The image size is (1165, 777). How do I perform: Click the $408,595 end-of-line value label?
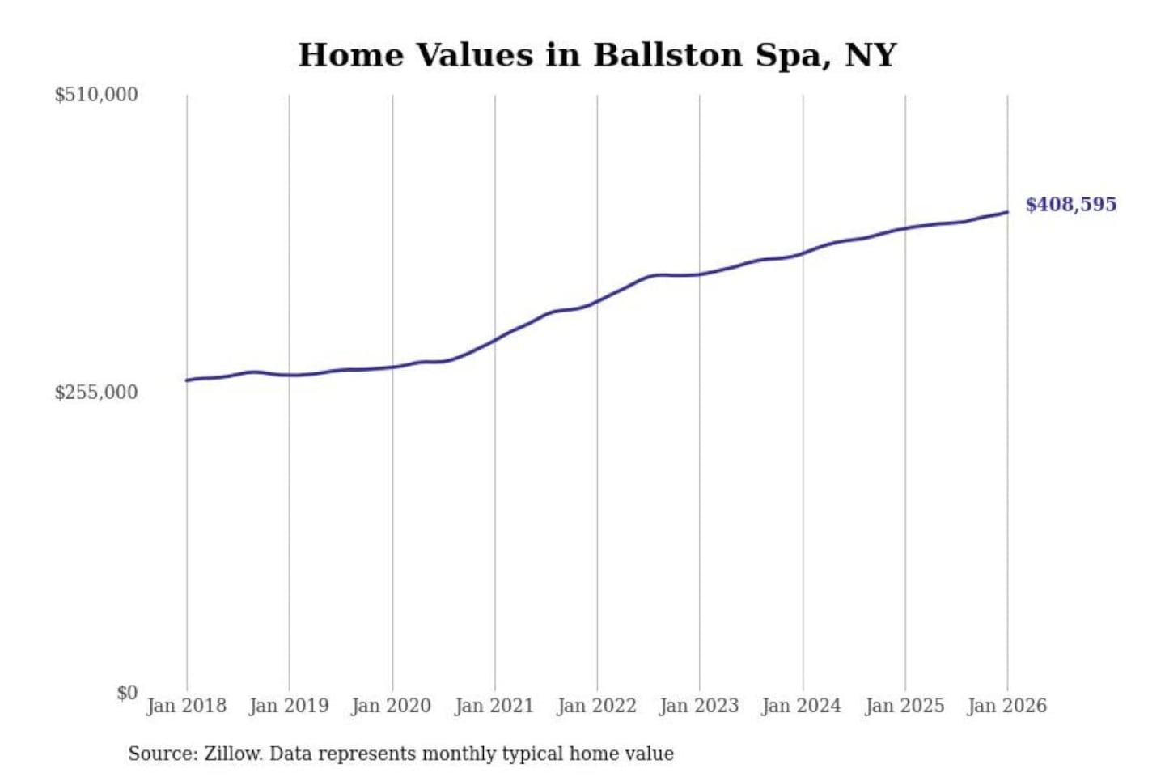(x=1070, y=204)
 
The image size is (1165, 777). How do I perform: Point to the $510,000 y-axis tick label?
(x=96, y=95)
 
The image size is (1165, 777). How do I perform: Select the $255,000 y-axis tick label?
(x=96, y=393)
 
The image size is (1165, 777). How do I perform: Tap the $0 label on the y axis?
(x=127, y=693)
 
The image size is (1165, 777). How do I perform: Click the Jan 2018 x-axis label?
(x=186, y=706)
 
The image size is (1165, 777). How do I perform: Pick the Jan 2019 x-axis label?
(x=289, y=706)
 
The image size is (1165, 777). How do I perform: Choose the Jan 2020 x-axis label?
(x=392, y=706)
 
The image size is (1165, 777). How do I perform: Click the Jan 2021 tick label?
(x=494, y=706)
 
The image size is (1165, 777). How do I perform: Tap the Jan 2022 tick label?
(x=597, y=706)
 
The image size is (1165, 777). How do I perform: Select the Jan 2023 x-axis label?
(x=699, y=706)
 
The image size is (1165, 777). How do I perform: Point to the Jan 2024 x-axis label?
(x=802, y=706)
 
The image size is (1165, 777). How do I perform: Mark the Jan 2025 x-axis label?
(x=904, y=706)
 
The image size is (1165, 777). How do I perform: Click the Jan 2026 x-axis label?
(x=1007, y=706)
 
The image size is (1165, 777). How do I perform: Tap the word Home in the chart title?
(x=350, y=55)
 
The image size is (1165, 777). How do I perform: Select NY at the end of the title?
(x=871, y=55)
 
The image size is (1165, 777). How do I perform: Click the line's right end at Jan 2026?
(x=1007, y=212)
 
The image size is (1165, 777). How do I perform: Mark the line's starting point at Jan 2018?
(x=187, y=380)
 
